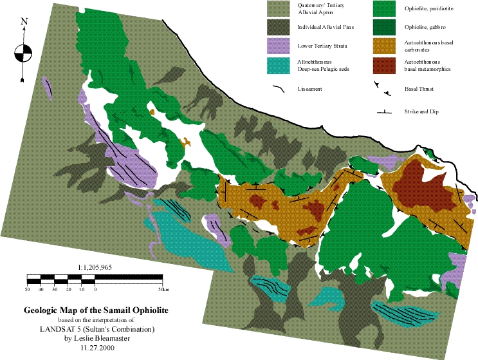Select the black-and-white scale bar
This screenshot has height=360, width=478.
[95, 278]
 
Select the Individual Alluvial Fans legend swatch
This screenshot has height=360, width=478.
[280, 28]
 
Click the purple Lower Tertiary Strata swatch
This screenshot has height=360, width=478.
[280, 46]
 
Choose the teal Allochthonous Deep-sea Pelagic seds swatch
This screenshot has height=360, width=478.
[280, 65]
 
